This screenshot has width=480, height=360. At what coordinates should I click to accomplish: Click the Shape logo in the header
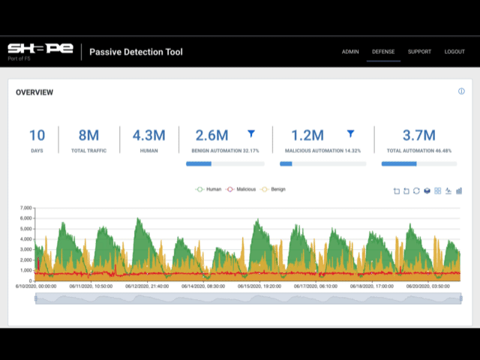click(40, 50)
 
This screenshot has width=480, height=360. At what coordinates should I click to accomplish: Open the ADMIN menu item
click(350, 52)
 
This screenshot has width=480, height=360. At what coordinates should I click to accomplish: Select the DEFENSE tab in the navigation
click(383, 52)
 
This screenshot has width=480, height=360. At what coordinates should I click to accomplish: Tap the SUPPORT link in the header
click(419, 52)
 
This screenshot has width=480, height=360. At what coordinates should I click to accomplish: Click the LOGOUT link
click(454, 52)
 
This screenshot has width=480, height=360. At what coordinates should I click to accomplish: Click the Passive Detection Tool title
click(136, 52)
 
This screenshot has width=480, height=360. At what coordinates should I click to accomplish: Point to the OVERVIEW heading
click(34, 92)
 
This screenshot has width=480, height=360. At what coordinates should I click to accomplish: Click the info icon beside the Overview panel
click(461, 91)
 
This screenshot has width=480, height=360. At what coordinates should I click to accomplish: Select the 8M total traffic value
click(88, 136)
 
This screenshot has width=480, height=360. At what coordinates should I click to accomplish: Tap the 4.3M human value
click(148, 136)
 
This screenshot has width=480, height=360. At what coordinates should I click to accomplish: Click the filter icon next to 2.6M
click(251, 133)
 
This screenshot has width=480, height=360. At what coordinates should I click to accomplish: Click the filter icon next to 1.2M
click(349, 133)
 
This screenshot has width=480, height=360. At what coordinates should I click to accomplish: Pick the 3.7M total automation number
click(418, 136)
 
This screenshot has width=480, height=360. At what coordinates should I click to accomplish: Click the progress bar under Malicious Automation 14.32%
click(322, 163)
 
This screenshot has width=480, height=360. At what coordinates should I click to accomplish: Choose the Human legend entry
click(209, 190)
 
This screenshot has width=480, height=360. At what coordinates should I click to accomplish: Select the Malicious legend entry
click(241, 190)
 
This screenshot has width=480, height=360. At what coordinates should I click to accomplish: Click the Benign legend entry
click(274, 190)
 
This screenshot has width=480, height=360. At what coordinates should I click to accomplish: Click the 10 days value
click(37, 136)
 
